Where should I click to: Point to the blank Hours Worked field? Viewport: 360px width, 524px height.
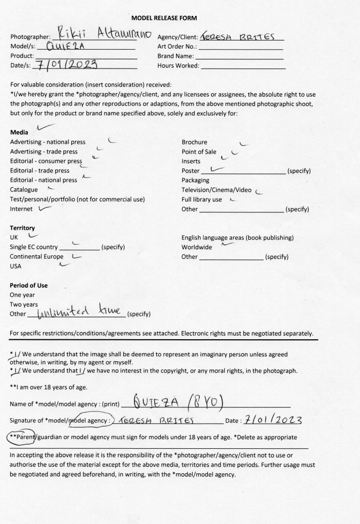tap(243, 65)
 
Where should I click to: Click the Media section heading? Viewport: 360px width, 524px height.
tap(19, 133)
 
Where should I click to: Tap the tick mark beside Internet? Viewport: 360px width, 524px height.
tap(44, 208)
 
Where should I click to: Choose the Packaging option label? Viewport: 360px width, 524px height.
tap(195, 180)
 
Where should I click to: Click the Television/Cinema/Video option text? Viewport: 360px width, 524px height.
tap(217, 190)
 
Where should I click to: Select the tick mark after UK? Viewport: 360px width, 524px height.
tap(33, 236)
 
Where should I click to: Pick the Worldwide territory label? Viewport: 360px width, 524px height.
tap(197, 247)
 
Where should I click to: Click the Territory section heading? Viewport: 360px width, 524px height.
tap(23, 228)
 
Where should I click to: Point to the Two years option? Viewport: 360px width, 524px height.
tap(24, 304)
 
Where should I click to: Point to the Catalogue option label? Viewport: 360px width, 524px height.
tap(24, 189)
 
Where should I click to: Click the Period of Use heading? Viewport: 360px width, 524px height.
tap(29, 285)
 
